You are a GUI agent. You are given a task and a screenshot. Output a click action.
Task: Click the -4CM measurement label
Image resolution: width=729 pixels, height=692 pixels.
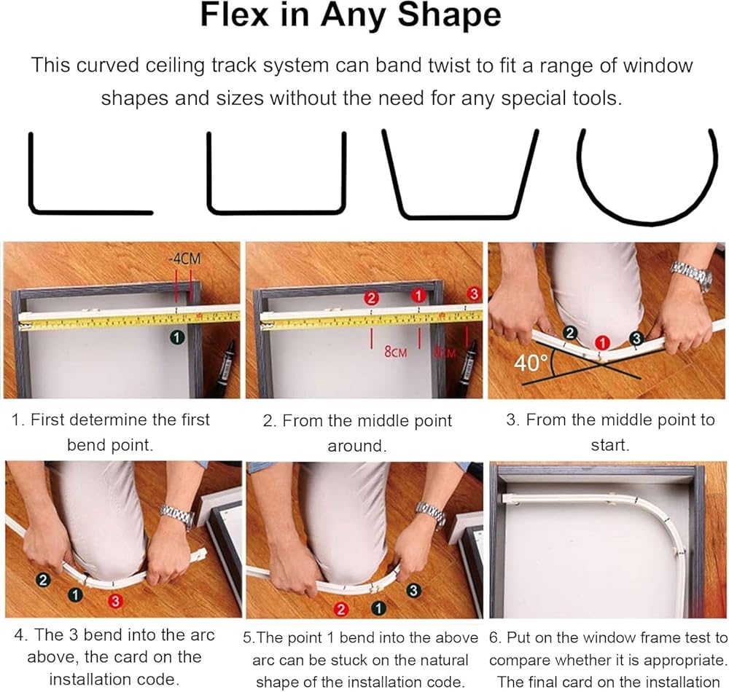(184, 258)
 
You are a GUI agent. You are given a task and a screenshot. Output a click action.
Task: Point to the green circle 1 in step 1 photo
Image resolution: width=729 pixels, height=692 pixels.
(177, 337)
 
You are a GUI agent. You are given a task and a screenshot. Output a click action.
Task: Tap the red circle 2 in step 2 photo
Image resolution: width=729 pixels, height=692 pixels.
(371, 297)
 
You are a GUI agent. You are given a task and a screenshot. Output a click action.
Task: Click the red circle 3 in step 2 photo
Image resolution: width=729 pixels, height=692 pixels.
(474, 294)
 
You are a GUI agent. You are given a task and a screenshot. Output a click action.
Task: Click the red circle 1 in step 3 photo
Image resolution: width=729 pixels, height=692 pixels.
(603, 343)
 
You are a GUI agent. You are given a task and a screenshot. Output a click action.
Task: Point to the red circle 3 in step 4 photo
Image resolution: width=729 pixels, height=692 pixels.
(115, 602)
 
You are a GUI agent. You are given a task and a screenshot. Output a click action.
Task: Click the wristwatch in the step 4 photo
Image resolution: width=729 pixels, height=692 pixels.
(178, 516)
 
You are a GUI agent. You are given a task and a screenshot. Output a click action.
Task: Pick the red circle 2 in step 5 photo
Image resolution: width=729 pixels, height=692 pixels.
(342, 610)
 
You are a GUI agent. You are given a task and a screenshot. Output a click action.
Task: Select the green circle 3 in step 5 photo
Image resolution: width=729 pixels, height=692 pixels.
(413, 591)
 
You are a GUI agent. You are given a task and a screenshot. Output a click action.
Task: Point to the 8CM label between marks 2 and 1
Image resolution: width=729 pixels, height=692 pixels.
(395, 352)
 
